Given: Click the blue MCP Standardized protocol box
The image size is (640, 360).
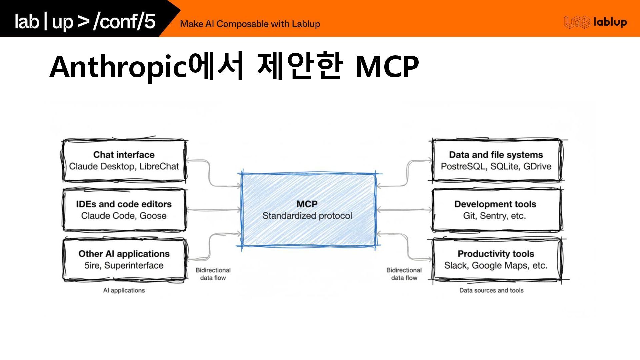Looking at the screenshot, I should (x=308, y=210).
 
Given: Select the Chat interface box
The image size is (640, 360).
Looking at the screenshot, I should (x=124, y=161).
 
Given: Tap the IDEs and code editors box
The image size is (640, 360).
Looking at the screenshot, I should (x=124, y=210).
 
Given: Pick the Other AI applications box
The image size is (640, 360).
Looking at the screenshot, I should (x=124, y=260).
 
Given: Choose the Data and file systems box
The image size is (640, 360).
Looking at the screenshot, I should (x=496, y=161).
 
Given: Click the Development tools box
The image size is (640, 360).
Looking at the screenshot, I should (x=496, y=210).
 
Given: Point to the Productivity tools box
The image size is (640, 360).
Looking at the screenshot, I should (x=496, y=260).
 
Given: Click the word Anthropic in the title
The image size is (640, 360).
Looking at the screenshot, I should (x=117, y=67).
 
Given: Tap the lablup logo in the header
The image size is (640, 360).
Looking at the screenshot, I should (x=595, y=22).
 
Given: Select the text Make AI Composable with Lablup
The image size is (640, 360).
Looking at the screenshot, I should (x=250, y=24).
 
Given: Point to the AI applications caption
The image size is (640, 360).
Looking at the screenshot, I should (x=124, y=290).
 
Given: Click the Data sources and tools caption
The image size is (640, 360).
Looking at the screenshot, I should (x=491, y=290).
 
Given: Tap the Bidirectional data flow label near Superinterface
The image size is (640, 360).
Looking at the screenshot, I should (x=213, y=274).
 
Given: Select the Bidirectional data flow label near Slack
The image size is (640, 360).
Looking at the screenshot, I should (x=404, y=274).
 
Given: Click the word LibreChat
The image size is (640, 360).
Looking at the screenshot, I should (x=159, y=166).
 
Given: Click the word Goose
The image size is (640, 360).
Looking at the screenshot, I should (x=153, y=216).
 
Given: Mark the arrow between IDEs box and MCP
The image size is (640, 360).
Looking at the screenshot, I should (x=214, y=210).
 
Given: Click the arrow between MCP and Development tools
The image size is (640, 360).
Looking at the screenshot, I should (x=404, y=210).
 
